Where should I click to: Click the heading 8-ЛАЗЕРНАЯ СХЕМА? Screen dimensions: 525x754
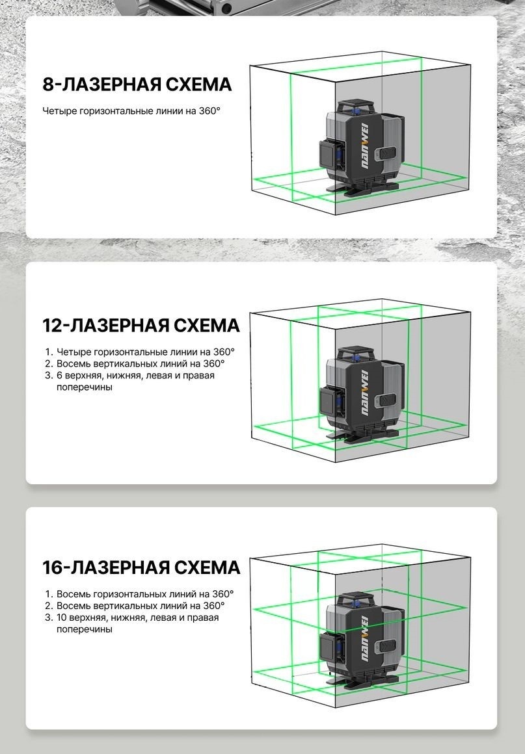pos(137,84)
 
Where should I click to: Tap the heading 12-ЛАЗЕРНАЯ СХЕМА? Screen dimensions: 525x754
pos(141,326)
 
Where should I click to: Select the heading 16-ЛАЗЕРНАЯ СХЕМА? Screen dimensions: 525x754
pos(141,567)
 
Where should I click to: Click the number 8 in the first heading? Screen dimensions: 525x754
pos(49,84)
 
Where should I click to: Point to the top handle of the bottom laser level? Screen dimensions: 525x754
pos(356,599)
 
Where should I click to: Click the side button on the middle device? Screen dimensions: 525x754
pos(387,400)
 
